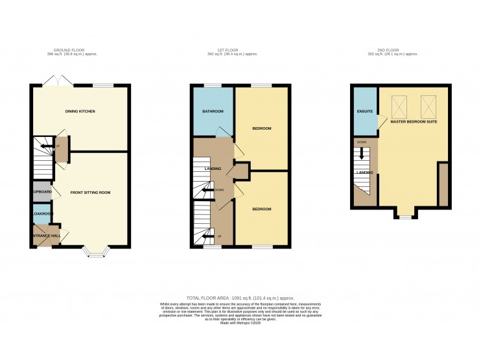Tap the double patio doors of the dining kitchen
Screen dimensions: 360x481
53,80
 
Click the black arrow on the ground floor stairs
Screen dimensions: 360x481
45,148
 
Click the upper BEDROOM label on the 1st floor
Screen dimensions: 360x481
261,128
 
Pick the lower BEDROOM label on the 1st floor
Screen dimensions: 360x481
261,209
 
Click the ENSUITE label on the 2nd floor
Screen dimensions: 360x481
365,112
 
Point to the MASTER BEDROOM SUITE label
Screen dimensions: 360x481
414,121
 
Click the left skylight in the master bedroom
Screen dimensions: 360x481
401,104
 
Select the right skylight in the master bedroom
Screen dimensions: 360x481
429,104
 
